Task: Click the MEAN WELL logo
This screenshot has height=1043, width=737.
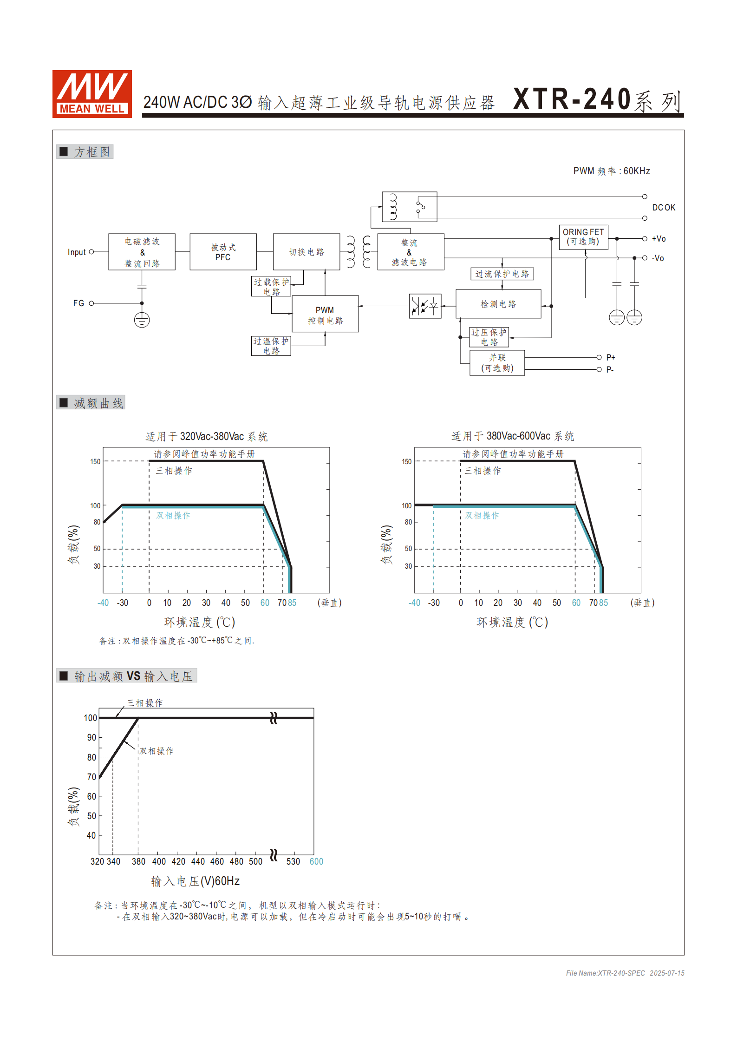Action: (92, 94)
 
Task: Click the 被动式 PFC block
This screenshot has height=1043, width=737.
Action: (223, 252)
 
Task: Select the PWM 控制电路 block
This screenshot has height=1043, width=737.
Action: (325, 314)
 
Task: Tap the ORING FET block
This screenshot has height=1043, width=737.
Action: (583, 237)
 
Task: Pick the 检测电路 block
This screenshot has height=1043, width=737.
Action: (498, 304)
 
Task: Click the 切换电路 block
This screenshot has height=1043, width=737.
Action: (307, 252)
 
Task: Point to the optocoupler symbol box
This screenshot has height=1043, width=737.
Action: (425, 306)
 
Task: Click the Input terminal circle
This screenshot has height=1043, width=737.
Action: (91, 252)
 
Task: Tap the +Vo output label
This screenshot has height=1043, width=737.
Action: (659, 239)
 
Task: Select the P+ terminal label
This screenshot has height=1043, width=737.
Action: (611, 357)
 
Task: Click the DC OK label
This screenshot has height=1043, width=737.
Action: (664, 208)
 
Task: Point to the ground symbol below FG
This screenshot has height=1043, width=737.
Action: (142, 320)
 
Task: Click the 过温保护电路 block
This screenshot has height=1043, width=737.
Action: (271, 346)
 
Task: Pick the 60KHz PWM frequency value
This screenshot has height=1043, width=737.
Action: (636, 171)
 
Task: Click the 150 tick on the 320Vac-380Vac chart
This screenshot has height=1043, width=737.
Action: (95, 461)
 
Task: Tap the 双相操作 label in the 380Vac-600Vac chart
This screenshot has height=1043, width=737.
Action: (482, 515)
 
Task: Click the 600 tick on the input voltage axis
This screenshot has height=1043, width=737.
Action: (316, 861)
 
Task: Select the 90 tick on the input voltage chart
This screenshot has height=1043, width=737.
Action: (91, 737)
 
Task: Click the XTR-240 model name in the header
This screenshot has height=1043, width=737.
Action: (572, 99)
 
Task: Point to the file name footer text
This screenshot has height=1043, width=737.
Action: (625, 973)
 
